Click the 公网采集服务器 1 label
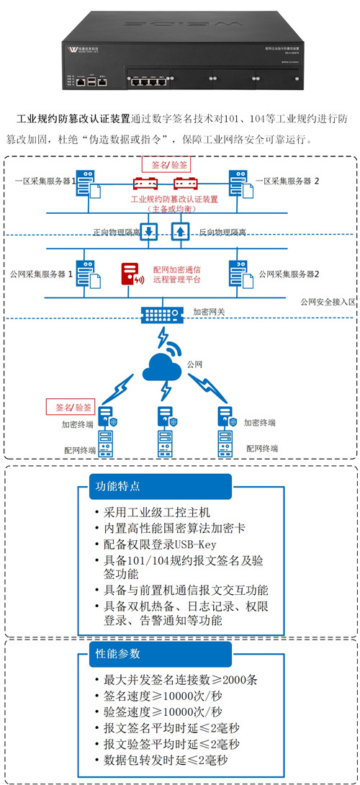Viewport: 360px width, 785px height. click(42, 274)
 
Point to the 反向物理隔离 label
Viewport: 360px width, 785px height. click(222, 233)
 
